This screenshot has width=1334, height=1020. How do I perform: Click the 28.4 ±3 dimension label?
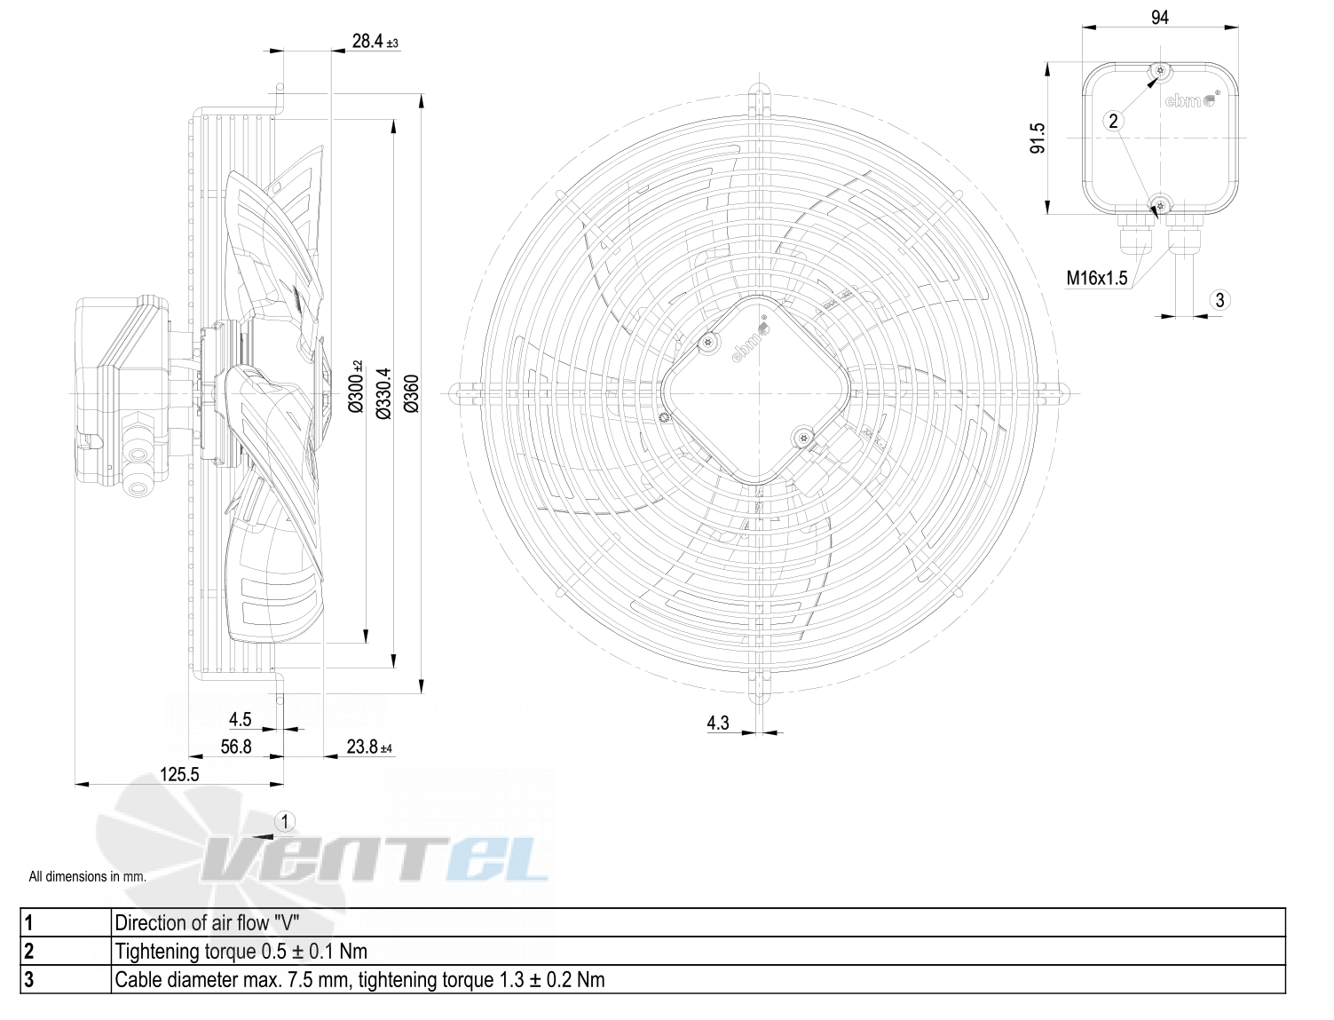[x=375, y=42]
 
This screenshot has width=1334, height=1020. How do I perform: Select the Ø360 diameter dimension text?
[x=412, y=394]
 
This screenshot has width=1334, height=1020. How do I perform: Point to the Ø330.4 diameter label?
[x=383, y=394]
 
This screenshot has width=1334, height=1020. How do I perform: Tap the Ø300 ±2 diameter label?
[x=356, y=386]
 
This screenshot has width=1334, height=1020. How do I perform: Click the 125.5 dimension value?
[x=179, y=774]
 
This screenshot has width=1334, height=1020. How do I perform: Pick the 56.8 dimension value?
[x=236, y=747]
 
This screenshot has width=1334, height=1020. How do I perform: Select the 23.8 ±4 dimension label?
[x=369, y=747]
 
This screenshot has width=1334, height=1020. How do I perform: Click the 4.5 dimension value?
[x=240, y=720]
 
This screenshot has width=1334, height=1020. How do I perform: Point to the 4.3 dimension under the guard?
[x=718, y=723]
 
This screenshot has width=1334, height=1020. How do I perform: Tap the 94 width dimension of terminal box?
[x=1159, y=18]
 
